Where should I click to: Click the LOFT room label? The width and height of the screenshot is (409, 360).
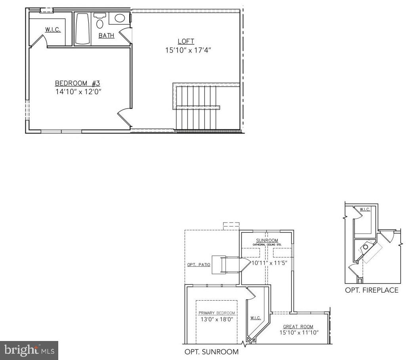click(x=185, y=41)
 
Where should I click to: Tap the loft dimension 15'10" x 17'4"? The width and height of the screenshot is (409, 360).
click(x=185, y=50)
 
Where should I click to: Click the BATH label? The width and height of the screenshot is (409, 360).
click(x=106, y=36)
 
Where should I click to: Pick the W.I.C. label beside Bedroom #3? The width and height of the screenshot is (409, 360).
click(x=53, y=30)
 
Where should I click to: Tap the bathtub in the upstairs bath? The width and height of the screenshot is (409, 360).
click(x=83, y=29)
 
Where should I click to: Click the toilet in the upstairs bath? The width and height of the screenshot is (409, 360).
click(x=100, y=21)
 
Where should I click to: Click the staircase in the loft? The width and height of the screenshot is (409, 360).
click(x=196, y=107)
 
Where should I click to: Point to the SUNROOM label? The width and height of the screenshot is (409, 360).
click(x=267, y=240)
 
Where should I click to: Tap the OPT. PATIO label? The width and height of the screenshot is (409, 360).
click(x=199, y=265)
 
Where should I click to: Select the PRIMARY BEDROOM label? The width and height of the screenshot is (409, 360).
click(x=216, y=313)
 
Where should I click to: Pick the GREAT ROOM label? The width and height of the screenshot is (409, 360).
click(x=298, y=327)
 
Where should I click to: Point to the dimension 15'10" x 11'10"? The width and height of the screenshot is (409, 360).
click(x=299, y=333)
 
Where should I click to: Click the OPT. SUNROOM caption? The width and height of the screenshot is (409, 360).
click(x=212, y=352)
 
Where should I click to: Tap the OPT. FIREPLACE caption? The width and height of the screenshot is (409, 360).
click(x=371, y=290)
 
